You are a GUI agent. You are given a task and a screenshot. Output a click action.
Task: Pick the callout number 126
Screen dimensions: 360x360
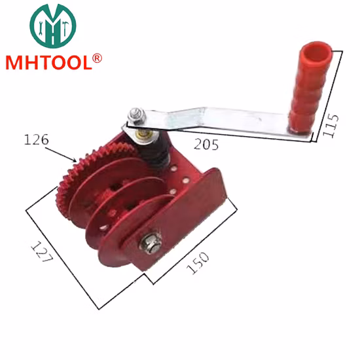(x=35, y=139)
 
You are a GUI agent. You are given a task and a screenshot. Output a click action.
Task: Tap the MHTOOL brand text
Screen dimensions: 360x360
(x=50, y=62)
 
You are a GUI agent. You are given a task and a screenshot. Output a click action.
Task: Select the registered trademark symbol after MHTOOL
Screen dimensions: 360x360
(x=98, y=58)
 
